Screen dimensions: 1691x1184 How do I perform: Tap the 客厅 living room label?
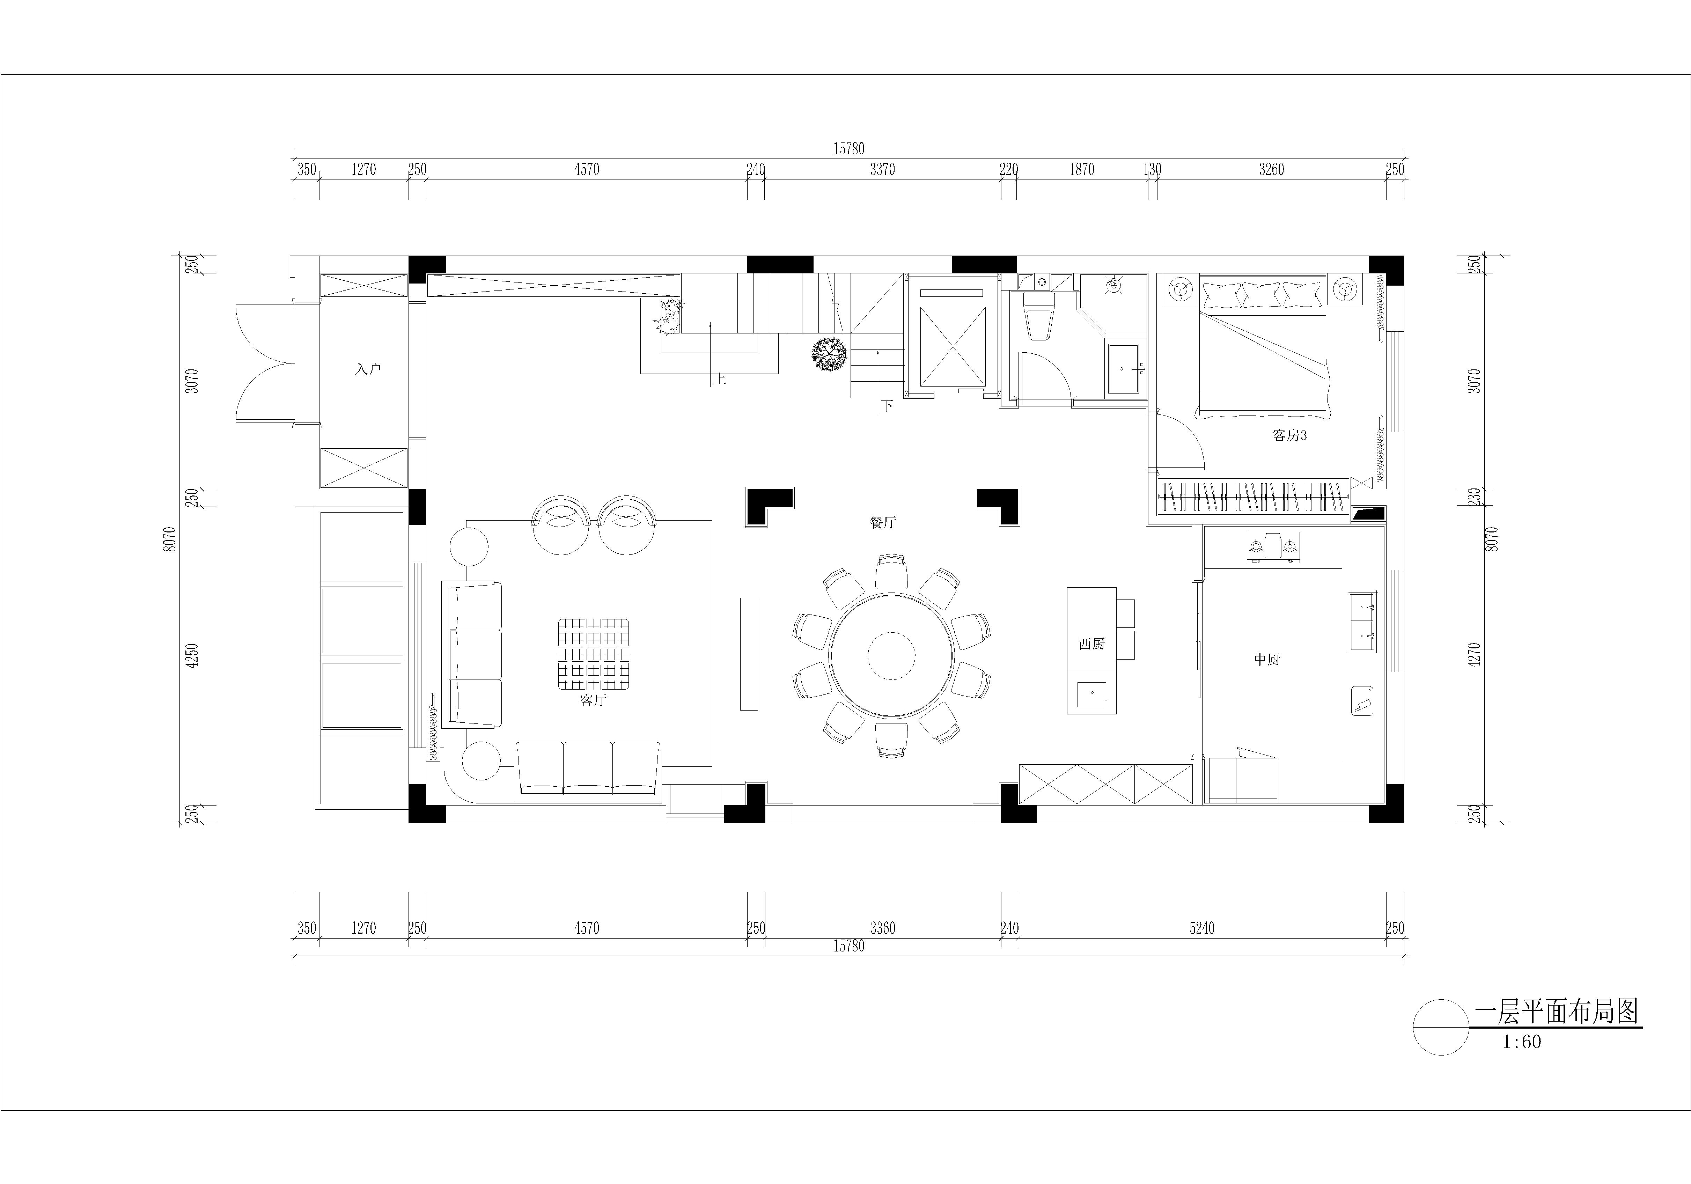593,700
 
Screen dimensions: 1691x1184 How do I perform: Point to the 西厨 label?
1091,644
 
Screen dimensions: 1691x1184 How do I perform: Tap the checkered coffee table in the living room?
593,654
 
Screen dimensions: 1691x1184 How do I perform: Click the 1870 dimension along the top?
1082,170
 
